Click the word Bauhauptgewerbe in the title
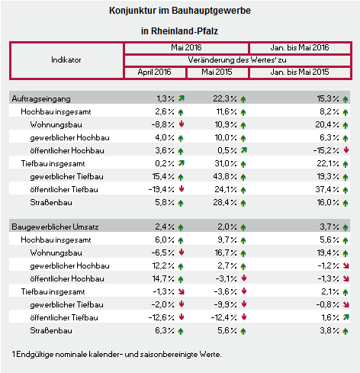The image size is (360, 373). click(x=211, y=11)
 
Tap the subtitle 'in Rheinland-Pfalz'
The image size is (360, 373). click(x=179, y=31)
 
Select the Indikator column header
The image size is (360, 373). click(x=66, y=60)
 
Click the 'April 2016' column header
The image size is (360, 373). click(x=154, y=72)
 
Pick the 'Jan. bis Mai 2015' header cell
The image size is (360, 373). click(x=300, y=72)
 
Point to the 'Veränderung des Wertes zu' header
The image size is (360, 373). click(x=237, y=60)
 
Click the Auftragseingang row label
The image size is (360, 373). click(x=41, y=99)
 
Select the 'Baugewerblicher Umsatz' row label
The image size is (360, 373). click(x=55, y=227)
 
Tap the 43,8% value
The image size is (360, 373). click(x=225, y=176)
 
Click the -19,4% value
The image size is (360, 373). click(x=162, y=189)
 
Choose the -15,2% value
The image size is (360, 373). click(x=326, y=150)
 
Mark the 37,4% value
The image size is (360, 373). click(x=327, y=189)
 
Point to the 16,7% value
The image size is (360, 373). click(x=226, y=252)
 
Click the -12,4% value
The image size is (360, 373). click(x=223, y=317)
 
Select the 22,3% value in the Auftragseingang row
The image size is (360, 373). click(x=225, y=98)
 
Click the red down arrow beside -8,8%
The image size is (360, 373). click(x=182, y=124)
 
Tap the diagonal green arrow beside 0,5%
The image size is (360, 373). click(x=244, y=150)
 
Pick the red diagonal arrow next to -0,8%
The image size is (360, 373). click(x=346, y=304)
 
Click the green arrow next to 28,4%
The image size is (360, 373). click(x=243, y=203)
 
